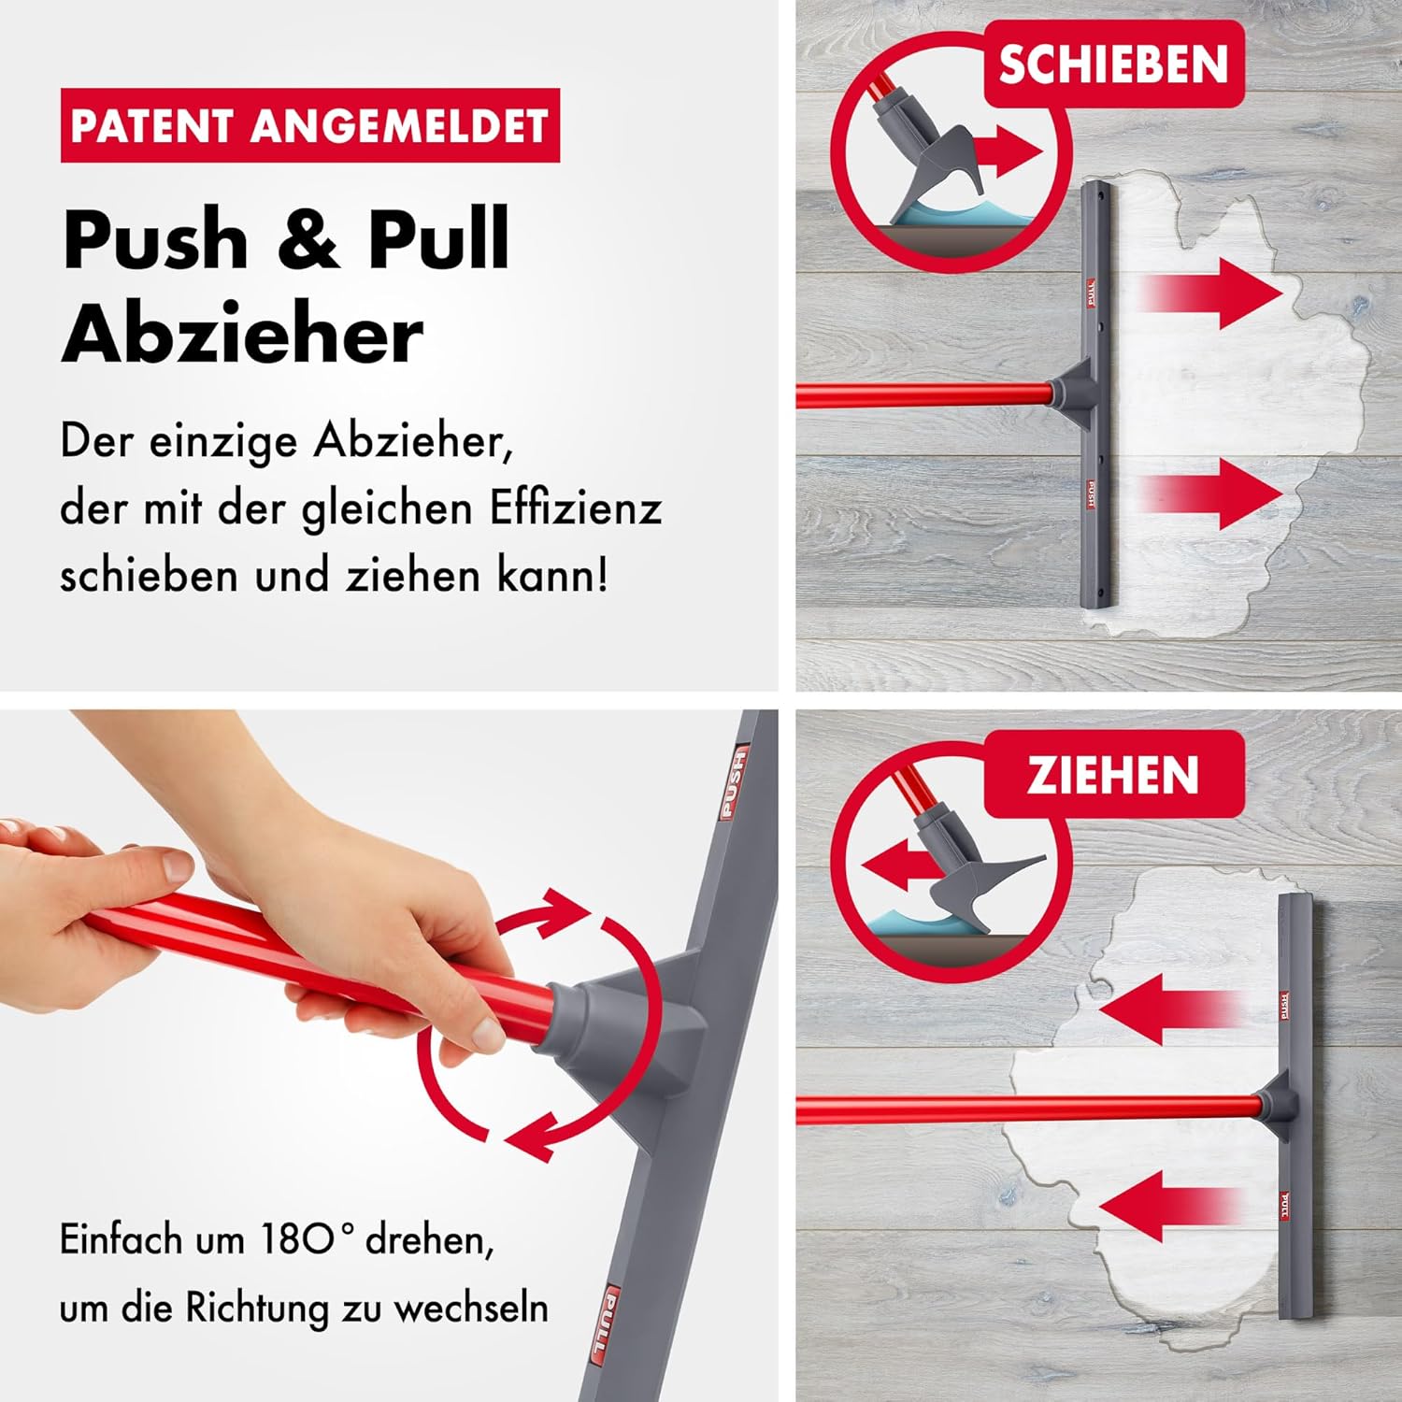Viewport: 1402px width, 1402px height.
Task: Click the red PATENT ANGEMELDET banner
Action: tap(310, 125)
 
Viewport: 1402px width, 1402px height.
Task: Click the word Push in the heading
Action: tap(156, 238)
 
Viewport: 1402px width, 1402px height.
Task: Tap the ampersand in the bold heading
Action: tap(308, 238)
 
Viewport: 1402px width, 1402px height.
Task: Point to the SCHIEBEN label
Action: tap(1113, 64)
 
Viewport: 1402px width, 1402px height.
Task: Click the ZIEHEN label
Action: tap(1113, 774)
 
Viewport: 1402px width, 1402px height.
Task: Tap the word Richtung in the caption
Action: tap(258, 1308)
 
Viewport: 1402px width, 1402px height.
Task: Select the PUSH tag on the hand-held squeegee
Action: tap(734, 783)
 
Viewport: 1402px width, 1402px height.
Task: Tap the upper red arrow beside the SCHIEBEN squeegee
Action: tap(1211, 293)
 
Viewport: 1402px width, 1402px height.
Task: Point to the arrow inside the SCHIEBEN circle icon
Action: tap(1008, 151)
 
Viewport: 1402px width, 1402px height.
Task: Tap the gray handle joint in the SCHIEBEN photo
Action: tap(1074, 394)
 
